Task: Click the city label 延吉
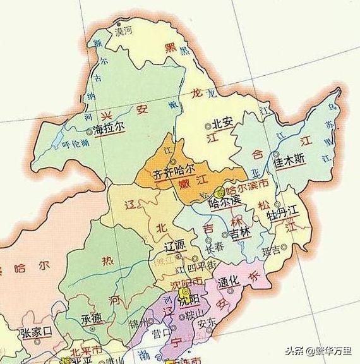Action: (x=271, y=250)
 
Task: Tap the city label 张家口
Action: (x=34, y=333)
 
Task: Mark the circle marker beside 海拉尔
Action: (x=88, y=130)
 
